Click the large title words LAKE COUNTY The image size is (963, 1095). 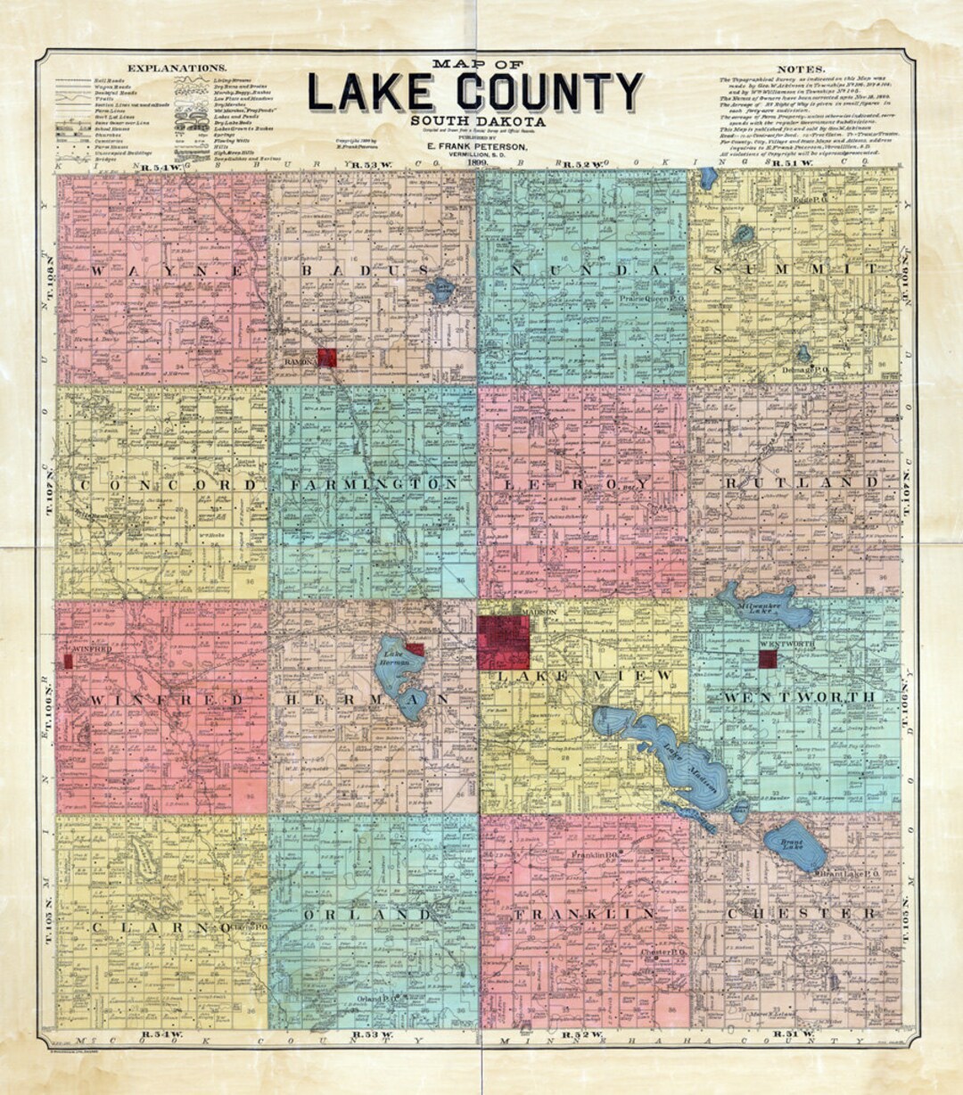pos(475,92)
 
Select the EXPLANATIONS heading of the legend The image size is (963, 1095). pos(177,68)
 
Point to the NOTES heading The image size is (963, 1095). pos(801,69)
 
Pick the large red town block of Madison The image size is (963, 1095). pos(503,642)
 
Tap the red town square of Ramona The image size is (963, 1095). pos(327,358)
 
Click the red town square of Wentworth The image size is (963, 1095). pos(767,659)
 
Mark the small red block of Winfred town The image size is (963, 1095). pos(68,661)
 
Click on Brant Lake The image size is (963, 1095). pos(795,844)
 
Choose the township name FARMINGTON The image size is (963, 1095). pos(374,484)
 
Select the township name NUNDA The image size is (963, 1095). pos(580,270)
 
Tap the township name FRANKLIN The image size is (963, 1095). pos(584,915)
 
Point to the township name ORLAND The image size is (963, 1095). pos(367,915)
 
